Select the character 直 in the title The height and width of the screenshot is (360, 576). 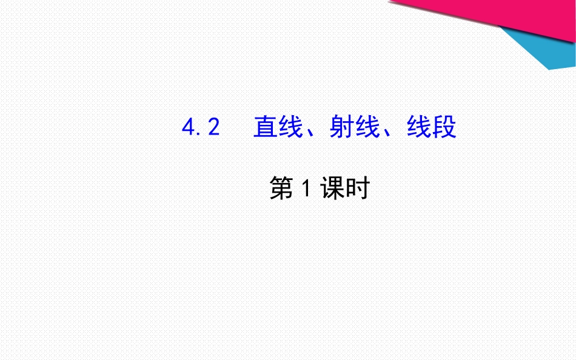(x=265, y=127)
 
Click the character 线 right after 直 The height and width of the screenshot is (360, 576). (x=290, y=127)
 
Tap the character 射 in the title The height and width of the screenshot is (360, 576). (x=342, y=127)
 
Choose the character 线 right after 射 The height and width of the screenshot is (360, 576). (x=367, y=127)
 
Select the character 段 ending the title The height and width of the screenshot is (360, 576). (x=444, y=127)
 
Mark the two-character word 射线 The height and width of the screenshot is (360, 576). (x=355, y=127)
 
